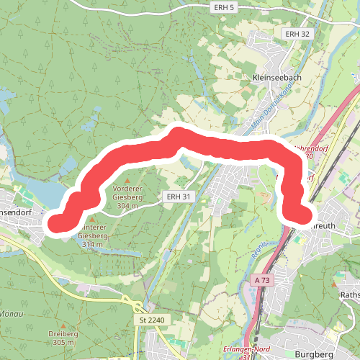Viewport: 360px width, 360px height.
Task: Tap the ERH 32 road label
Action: click(x=296, y=34)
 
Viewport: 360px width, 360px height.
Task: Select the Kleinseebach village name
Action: click(x=277, y=77)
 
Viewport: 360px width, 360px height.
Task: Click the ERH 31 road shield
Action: click(x=176, y=195)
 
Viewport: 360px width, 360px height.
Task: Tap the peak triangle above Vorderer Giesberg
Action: click(x=128, y=181)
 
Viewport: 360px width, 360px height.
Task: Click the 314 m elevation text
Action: click(x=92, y=245)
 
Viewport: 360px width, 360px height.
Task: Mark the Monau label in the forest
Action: click(x=10, y=315)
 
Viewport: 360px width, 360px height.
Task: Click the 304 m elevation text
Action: click(x=128, y=206)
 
